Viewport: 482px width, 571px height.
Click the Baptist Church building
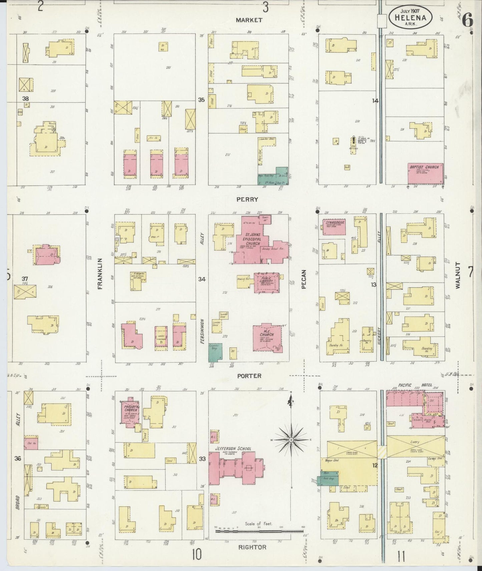(x=426, y=173)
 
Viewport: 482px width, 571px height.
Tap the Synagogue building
(x=333, y=227)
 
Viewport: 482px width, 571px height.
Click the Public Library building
(x=267, y=283)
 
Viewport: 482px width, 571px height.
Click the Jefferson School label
(x=233, y=448)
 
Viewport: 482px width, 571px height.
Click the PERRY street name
(x=247, y=200)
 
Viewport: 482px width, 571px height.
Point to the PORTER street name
(x=249, y=376)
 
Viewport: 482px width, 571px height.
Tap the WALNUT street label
(x=458, y=275)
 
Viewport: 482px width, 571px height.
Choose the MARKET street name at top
(x=249, y=20)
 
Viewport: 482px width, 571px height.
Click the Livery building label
(x=415, y=442)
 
